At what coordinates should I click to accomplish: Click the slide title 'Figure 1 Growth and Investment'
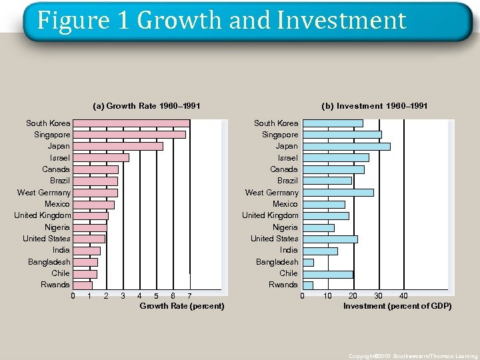click(221, 21)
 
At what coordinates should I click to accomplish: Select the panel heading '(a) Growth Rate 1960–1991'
click(147, 106)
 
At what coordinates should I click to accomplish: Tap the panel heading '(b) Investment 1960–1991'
click(374, 106)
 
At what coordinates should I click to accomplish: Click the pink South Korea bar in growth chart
click(131, 123)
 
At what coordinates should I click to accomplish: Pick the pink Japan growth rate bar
click(117, 146)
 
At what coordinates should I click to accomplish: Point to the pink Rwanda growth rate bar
click(82, 285)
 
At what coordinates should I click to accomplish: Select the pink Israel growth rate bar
click(101, 158)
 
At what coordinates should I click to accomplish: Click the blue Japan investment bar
click(346, 146)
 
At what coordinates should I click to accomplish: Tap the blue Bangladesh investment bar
click(307, 262)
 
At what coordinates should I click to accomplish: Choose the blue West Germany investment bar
click(337, 193)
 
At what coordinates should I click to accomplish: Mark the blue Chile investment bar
click(327, 274)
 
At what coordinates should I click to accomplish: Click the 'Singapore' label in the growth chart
click(52, 135)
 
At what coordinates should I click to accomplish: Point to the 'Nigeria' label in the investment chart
click(285, 227)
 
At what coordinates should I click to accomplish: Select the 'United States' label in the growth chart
click(46, 239)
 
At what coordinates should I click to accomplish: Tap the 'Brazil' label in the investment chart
click(287, 181)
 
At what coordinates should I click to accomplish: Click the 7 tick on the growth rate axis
click(189, 296)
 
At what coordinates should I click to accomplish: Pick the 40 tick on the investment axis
click(403, 296)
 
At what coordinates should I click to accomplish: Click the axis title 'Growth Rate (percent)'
click(181, 306)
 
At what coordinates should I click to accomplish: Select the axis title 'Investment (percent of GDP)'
click(397, 306)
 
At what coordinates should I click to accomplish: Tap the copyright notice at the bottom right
click(413, 356)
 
